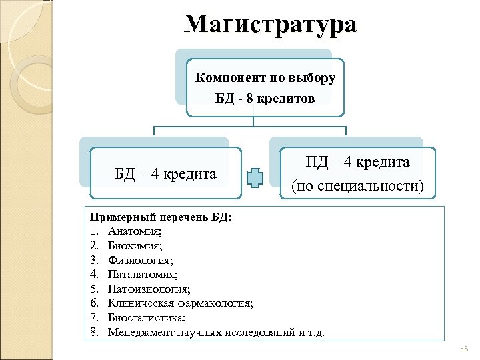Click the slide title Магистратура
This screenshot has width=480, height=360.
pos(270,25)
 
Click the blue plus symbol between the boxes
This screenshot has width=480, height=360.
pos(255,177)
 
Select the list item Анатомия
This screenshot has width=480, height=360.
pos(135,232)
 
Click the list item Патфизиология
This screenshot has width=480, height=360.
pos(149,289)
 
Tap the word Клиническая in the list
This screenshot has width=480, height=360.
pos(141,303)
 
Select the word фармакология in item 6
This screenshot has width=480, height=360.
pos(214,303)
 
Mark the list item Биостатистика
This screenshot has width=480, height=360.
pos(146,317)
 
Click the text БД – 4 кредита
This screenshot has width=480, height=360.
pos(165,175)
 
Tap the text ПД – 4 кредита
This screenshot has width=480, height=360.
pos(357,162)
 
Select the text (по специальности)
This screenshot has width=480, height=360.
pos(357,185)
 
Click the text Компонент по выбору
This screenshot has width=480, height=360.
pos(265,77)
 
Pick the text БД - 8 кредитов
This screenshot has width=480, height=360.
pos(265,98)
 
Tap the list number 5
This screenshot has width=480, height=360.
pos(95,289)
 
